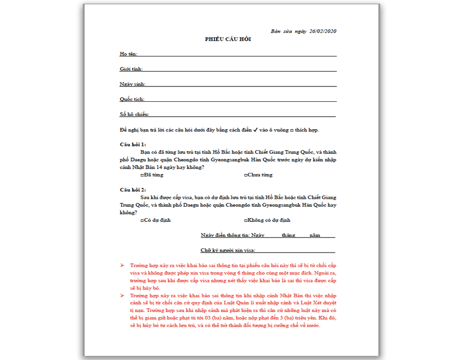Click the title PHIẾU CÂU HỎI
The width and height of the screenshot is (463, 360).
pos(228,40)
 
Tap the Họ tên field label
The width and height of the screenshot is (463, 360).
pos(128,54)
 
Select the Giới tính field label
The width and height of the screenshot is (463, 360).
pos(131,69)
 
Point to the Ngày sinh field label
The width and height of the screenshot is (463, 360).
pos(132,84)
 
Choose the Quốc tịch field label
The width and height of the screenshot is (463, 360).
pos(132,99)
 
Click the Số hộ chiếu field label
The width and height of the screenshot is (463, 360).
pos(134,115)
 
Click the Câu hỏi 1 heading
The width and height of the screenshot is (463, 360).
pos(133,145)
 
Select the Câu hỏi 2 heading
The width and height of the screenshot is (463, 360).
pos(133,190)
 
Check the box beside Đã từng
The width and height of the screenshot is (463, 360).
pos(142,175)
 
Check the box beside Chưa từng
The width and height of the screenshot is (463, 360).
pos(245,175)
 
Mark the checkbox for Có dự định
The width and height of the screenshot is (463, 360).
pos(142,221)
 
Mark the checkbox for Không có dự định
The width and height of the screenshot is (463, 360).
pos(245,221)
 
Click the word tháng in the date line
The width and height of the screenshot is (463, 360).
pos(288,236)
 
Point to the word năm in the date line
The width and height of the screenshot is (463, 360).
pos(314,236)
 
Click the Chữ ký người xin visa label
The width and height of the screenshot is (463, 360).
pos(228,250)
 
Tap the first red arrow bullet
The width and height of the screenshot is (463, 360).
pos(122,265)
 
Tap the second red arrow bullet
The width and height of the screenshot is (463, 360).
pos(122,296)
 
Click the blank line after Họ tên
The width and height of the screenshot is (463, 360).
pos(237,55)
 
